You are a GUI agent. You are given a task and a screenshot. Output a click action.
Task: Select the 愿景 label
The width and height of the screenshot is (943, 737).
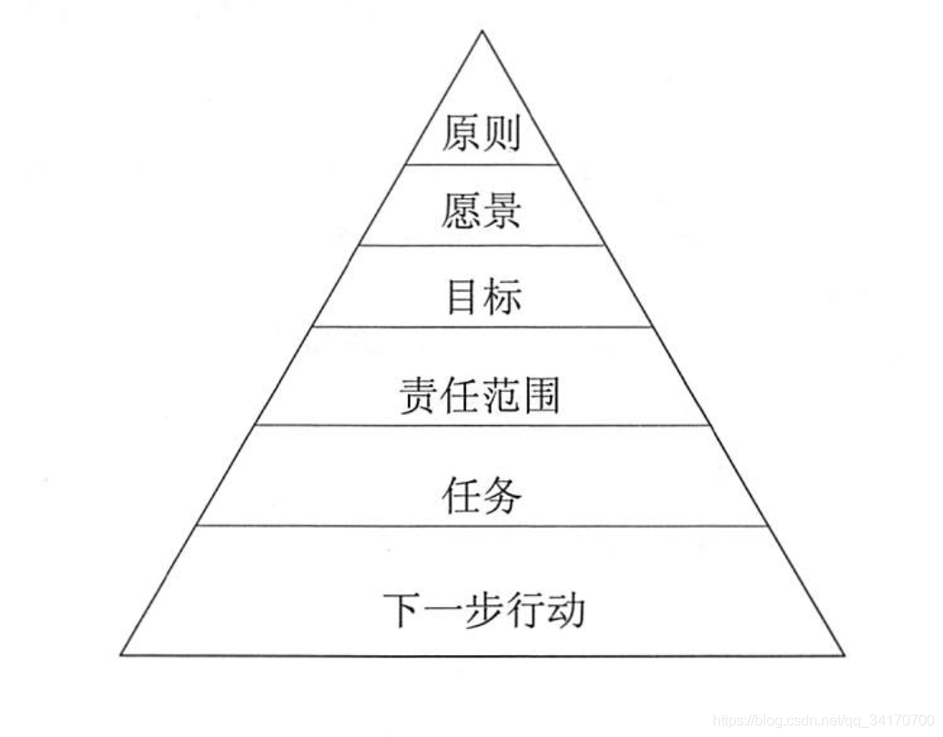481,210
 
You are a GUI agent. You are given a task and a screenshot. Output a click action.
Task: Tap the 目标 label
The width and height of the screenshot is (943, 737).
482,296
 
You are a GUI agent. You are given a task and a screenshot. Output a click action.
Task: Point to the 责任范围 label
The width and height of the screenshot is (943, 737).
480,396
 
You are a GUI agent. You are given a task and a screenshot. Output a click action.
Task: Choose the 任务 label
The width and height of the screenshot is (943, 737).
482,496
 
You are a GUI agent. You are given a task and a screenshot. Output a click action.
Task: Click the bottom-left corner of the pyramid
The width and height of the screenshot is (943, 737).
121,654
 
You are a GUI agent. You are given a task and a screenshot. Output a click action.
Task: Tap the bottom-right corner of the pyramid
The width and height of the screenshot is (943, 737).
844,654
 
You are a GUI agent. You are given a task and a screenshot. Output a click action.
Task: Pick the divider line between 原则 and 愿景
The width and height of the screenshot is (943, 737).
482,165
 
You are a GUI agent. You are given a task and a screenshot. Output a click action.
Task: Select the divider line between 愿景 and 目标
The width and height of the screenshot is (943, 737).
482,245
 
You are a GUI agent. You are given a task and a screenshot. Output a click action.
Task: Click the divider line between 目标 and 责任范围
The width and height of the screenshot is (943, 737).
482,327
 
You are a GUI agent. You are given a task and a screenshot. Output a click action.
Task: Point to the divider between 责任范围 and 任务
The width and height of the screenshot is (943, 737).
482,425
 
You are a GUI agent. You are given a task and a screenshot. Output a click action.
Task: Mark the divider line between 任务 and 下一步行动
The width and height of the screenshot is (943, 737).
482,525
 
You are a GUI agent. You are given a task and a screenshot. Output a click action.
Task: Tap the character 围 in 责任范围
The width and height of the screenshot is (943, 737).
541,396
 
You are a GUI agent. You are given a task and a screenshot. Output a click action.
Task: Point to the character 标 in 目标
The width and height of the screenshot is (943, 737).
502,296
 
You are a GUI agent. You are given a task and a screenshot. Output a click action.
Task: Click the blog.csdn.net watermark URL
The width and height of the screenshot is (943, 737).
823,721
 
